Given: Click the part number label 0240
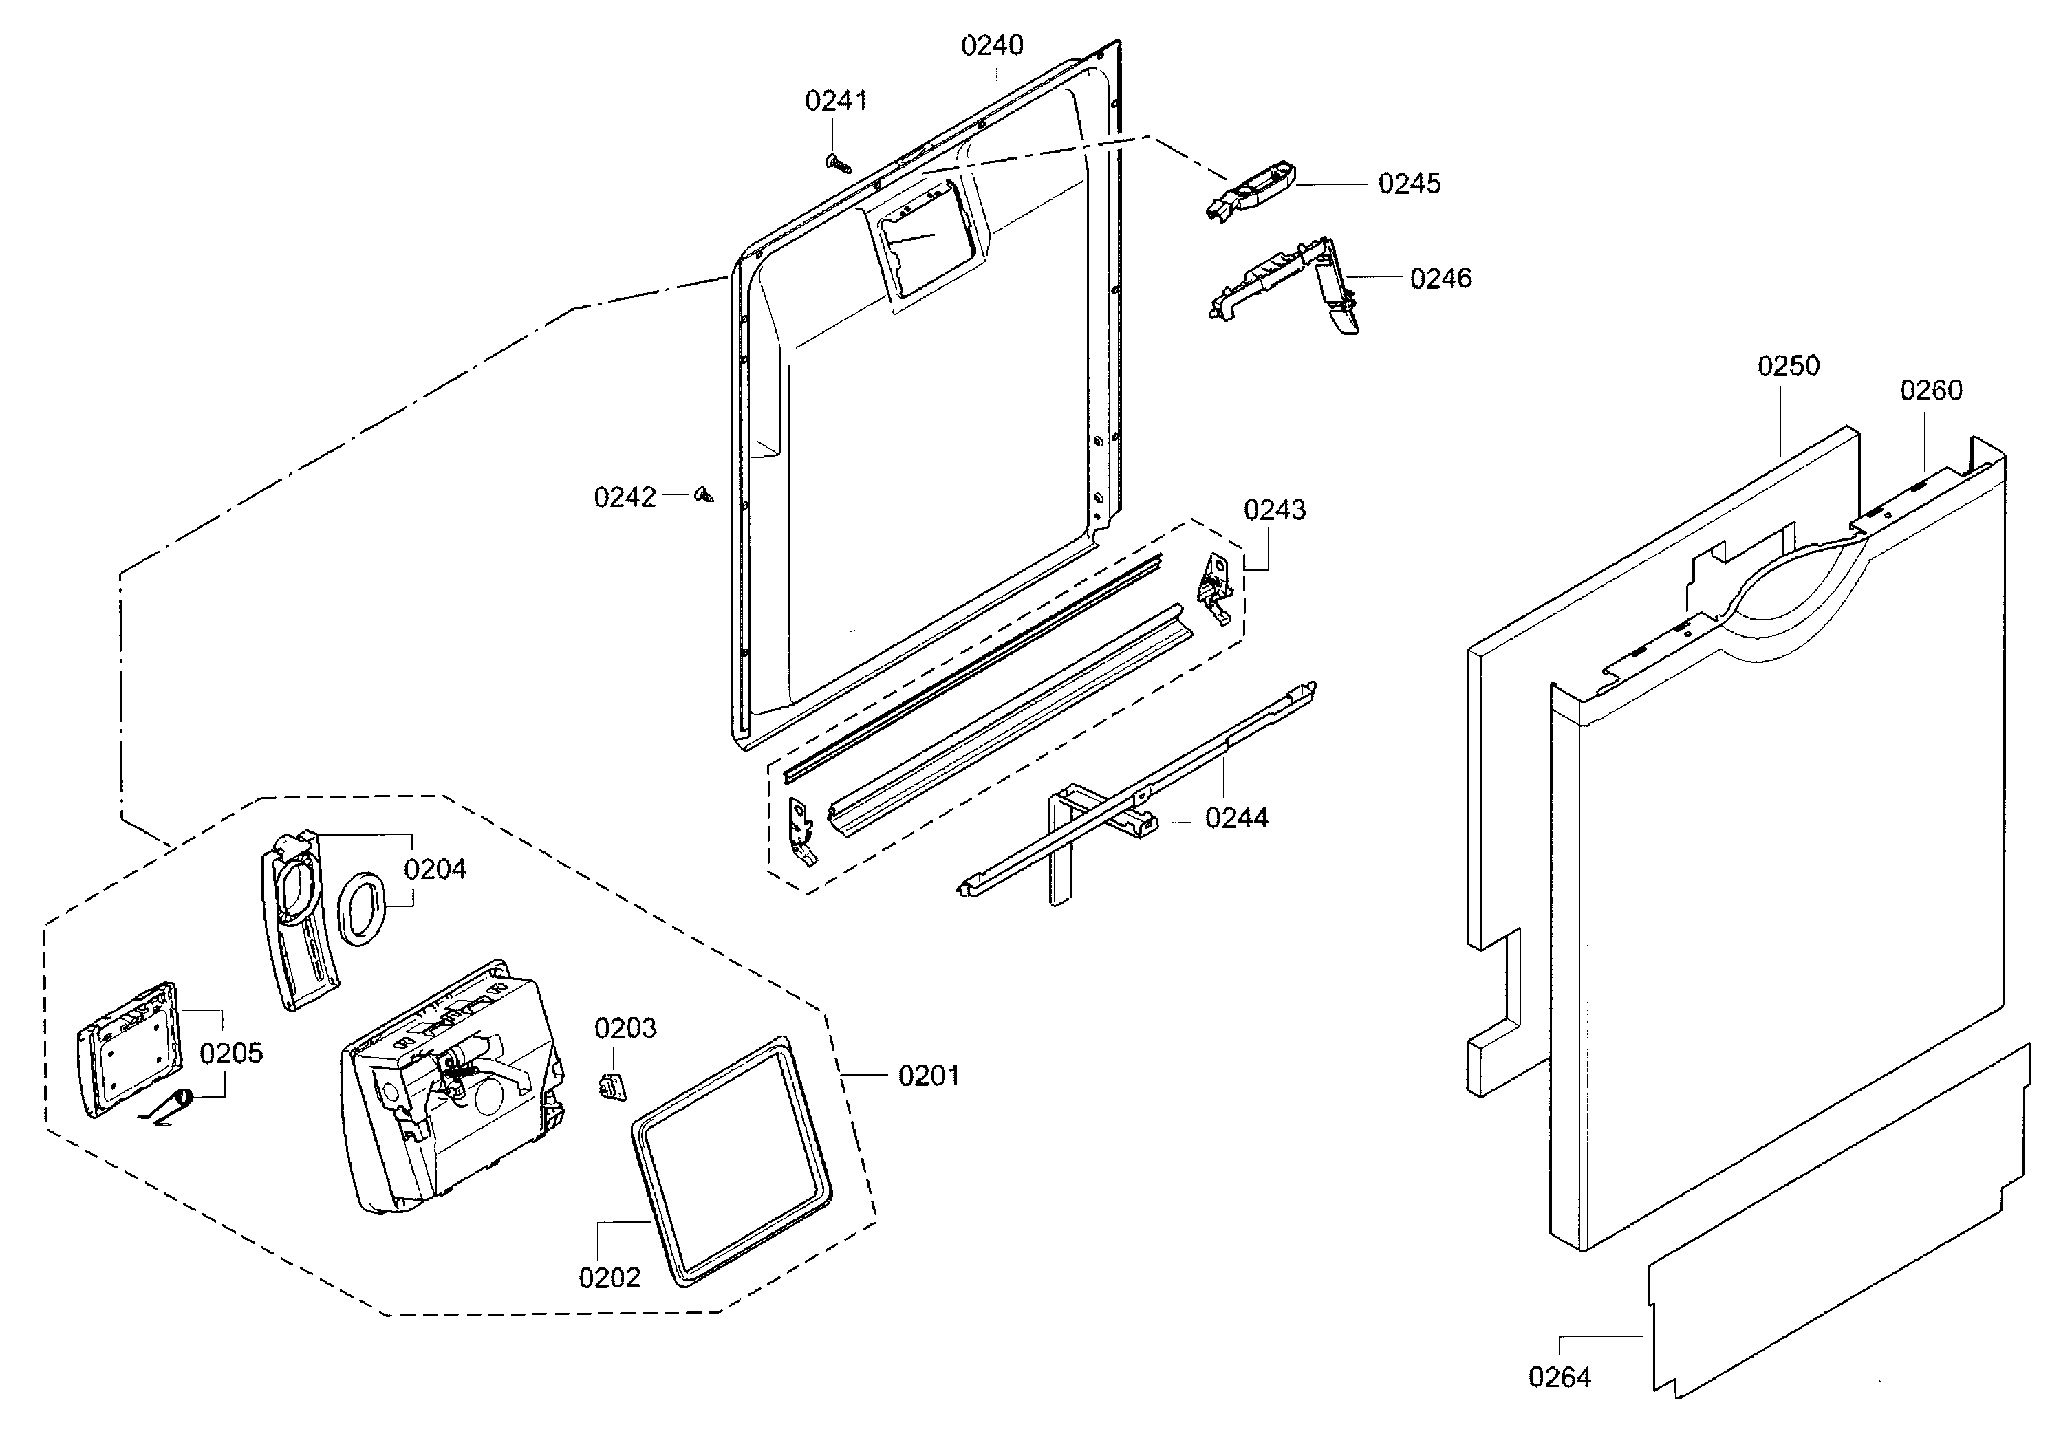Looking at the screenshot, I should coord(992,45).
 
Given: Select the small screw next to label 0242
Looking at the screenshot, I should coord(704,494).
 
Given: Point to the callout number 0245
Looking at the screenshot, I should coord(1410,184).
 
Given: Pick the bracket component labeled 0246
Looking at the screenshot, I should coord(1284,283).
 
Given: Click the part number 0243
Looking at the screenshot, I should coord(1275,510).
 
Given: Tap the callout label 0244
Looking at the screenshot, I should coord(1236,818).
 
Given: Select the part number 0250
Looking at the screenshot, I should coord(1788,367).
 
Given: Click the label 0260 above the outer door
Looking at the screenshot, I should coord(1931,391).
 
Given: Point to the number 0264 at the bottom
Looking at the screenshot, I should coord(1560,1377).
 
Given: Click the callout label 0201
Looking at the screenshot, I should coord(929,1076).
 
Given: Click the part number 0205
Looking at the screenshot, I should coord(230,1053).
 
